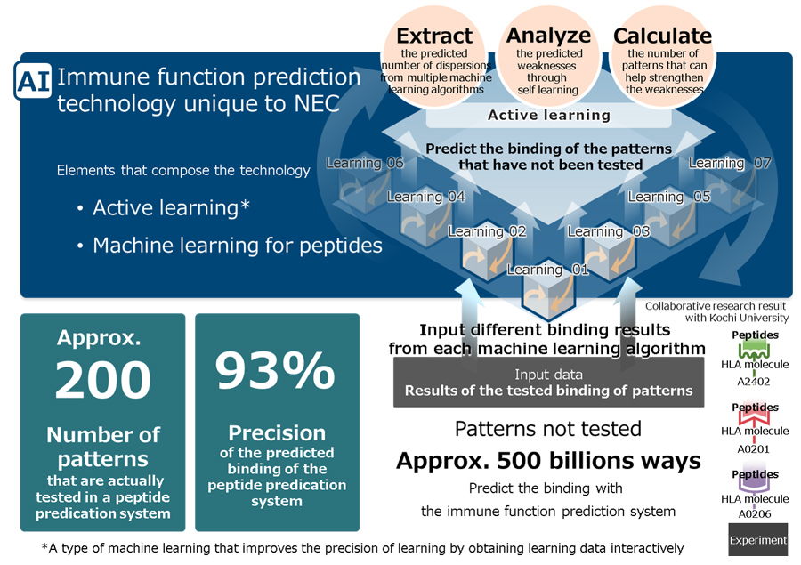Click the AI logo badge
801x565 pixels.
[x=33, y=81]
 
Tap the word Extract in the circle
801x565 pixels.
[x=434, y=36]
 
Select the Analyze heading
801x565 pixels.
[x=548, y=36]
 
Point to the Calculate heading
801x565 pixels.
[x=662, y=36]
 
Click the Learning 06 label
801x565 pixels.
[x=365, y=163]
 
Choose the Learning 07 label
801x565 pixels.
[x=730, y=163]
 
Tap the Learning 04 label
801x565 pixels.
[x=426, y=197]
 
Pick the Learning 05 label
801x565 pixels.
[x=669, y=197]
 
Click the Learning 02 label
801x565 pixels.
[x=487, y=231]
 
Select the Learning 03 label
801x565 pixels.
[x=609, y=231]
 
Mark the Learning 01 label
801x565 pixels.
[x=547, y=270]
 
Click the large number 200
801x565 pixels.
[x=102, y=380]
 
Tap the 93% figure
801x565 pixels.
[x=275, y=371]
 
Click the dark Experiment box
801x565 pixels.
[x=758, y=539]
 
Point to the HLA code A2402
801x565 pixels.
[x=754, y=381]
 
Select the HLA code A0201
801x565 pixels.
[x=754, y=449]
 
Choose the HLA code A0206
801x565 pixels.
[x=755, y=514]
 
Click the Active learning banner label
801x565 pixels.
[x=548, y=116]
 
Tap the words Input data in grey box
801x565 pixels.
[x=548, y=375]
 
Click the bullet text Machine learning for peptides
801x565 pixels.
[x=238, y=246]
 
